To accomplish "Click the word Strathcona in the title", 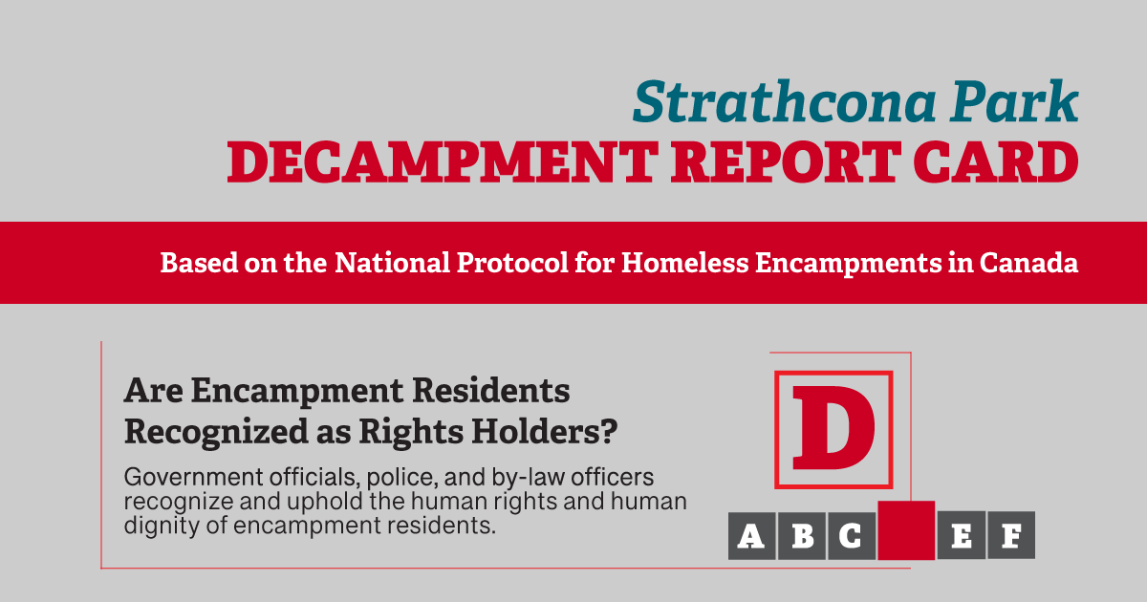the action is point(785,101).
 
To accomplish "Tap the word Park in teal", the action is point(1014,101).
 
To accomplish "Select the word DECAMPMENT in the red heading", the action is point(443,162).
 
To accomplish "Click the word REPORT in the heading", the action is point(786,162).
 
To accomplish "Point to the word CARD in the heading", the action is point(996,162).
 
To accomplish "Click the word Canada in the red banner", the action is point(1028,263).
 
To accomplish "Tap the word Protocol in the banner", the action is point(512,263).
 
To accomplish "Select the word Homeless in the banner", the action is point(684,263).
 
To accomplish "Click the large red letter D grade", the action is point(833,428).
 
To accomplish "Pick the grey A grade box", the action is point(751,535).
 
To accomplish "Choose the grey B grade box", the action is point(801,535).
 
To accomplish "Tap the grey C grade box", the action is point(852,535).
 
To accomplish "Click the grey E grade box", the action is point(962,535).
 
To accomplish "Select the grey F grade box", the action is point(1011,535).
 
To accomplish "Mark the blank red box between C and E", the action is point(906,530).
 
